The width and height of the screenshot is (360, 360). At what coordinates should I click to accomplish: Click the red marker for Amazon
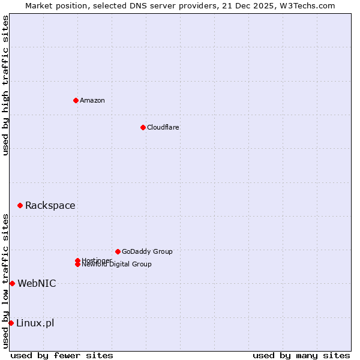tap(76, 100)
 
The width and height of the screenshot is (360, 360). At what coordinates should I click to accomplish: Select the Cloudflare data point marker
tap(143, 127)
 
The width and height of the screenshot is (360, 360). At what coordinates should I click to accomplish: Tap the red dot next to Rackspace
tap(20, 205)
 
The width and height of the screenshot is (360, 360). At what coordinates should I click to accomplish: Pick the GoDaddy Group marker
tap(118, 251)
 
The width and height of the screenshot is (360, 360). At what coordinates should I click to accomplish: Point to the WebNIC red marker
tap(12, 283)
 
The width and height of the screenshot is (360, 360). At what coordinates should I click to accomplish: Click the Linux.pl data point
tap(11, 323)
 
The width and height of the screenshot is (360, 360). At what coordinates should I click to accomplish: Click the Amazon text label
tap(92, 100)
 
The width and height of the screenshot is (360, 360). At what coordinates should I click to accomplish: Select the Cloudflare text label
tap(163, 127)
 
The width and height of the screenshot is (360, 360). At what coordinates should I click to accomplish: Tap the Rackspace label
tap(50, 206)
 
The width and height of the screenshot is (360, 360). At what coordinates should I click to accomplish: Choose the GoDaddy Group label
tap(147, 251)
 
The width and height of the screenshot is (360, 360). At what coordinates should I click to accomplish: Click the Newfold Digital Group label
tap(117, 265)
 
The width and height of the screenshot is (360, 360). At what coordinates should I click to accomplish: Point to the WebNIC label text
tap(37, 284)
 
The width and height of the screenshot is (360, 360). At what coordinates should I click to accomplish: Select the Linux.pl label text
tap(35, 323)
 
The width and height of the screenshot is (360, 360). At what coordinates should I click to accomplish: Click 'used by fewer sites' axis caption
tap(62, 355)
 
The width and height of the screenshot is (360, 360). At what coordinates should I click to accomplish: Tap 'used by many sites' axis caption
tap(301, 355)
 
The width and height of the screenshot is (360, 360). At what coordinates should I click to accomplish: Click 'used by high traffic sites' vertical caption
tap(5, 85)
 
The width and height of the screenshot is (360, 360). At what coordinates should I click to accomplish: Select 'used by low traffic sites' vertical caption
tap(5, 281)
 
